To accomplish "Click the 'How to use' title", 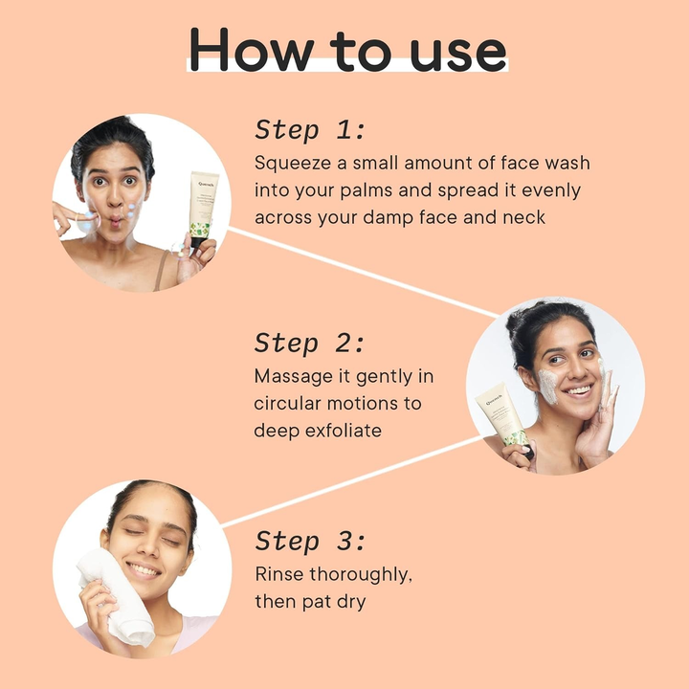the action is pyautogui.click(x=347, y=49).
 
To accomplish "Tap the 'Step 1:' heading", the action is pyautogui.click(x=310, y=130).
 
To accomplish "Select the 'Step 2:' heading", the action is pyautogui.click(x=309, y=343).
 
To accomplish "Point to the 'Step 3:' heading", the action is pyautogui.click(x=310, y=541).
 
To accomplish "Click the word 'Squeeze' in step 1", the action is pyautogui.click(x=293, y=164).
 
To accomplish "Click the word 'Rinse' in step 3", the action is pyautogui.click(x=279, y=574).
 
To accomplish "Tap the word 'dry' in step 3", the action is pyautogui.click(x=351, y=602).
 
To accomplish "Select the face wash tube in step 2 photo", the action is pyautogui.click(x=504, y=420).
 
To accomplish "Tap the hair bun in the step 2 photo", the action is pyautogui.click(x=518, y=319).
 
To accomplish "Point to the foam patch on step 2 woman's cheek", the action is pyautogui.click(x=546, y=386).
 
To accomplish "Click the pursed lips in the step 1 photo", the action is pyautogui.click(x=115, y=221).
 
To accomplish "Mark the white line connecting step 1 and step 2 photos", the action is pyautogui.click(x=364, y=272).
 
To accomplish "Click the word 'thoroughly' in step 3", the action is pyautogui.click(x=361, y=575).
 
